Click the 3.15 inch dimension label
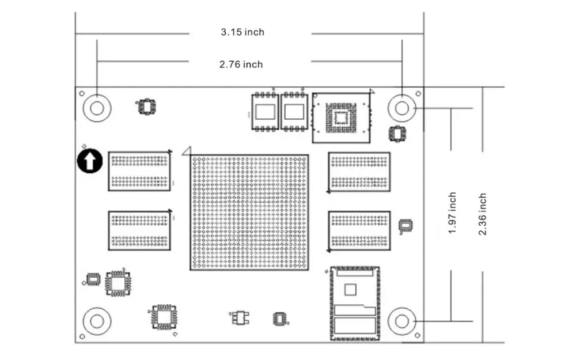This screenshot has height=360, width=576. pos(242,32)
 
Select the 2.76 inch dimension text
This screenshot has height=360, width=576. pos(241,65)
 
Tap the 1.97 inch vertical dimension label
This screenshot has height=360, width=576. pos(452,213)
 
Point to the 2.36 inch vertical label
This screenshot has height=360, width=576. pos(482,214)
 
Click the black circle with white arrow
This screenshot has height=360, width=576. pos(90,161)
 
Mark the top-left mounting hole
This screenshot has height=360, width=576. pos(97,108)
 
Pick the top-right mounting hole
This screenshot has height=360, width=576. pos(402,108)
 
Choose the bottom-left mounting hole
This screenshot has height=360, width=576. pos(97,321)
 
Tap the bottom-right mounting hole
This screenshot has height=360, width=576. pos(402,321)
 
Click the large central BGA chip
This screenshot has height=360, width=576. pos(249,213)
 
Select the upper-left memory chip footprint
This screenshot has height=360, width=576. pos(139,171)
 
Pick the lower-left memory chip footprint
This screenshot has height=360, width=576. pos(139,231)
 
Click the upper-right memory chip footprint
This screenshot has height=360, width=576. pos(359,172)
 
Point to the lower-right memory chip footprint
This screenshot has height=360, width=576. pos(359,231)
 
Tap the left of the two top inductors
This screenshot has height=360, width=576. pos(265,112)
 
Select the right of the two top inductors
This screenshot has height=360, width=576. pos(294,112)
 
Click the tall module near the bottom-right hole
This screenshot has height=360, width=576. pos(355,304)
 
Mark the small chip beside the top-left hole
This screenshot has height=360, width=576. pos(146,107)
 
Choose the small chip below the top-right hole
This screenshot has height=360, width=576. pos(397,134)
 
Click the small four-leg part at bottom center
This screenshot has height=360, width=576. pos(240,318)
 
